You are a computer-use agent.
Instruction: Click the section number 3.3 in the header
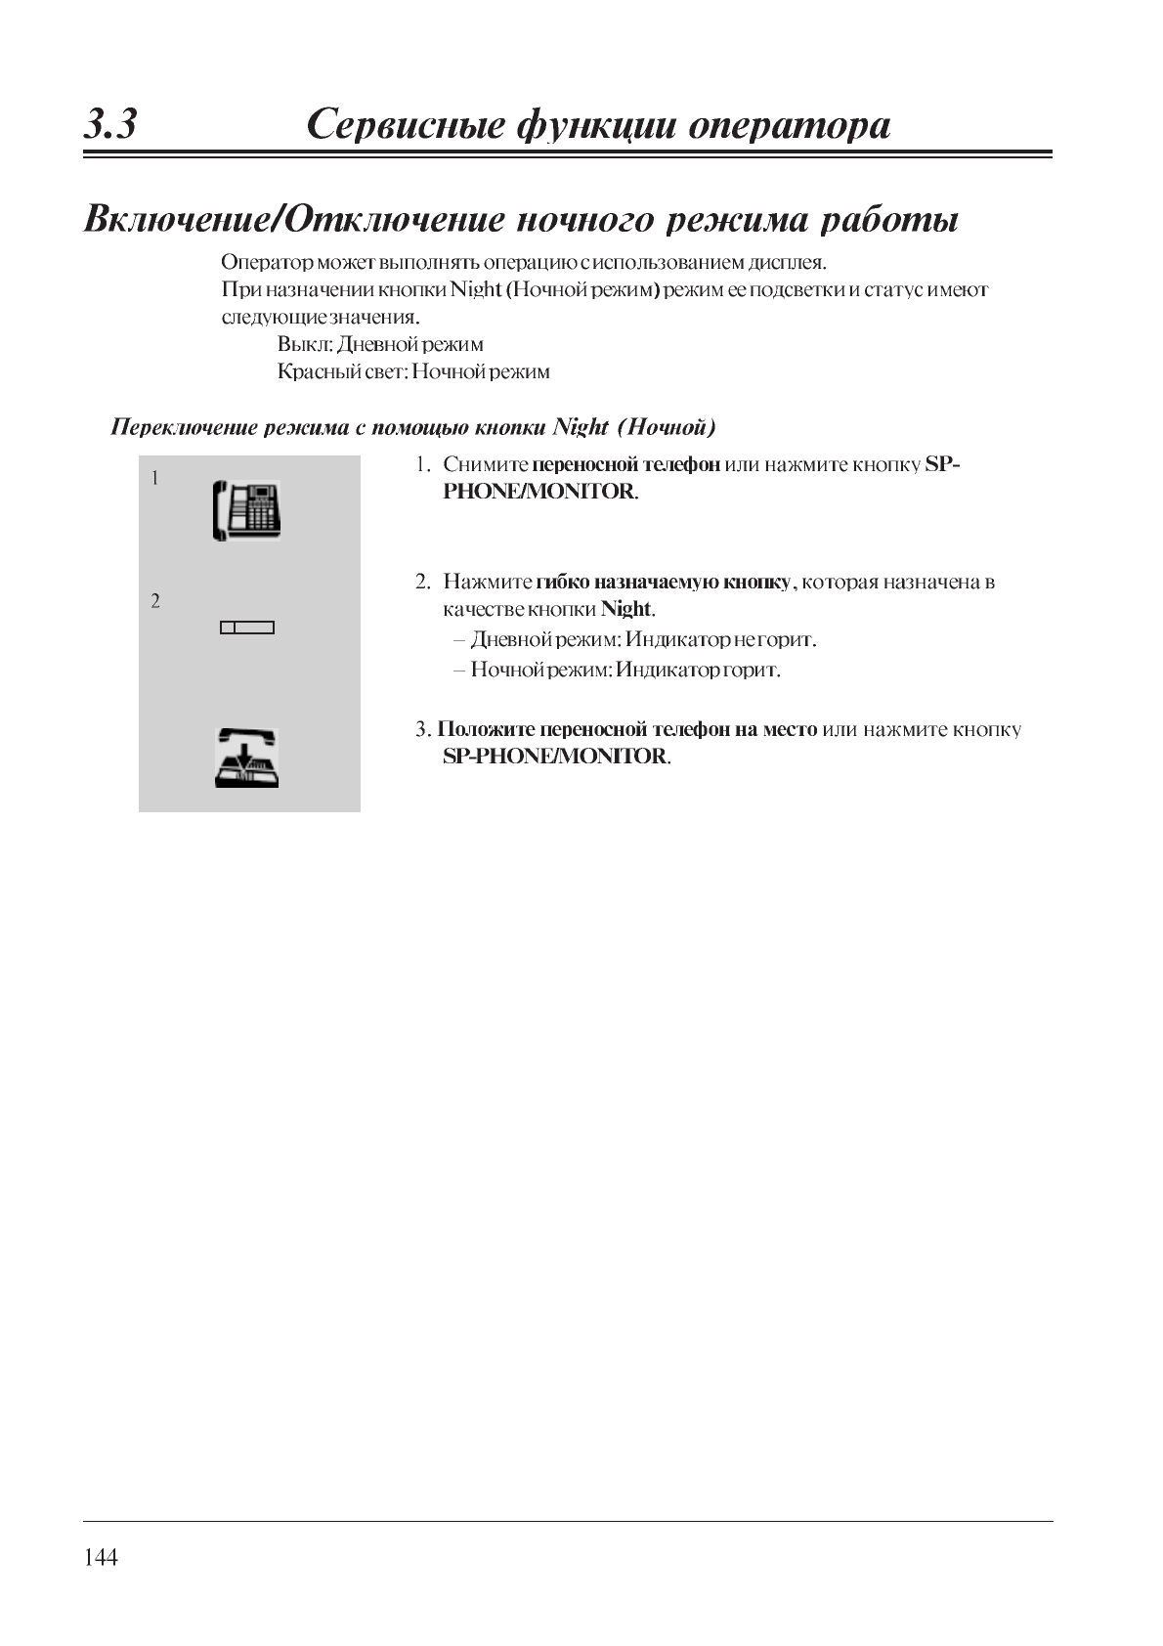(110, 125)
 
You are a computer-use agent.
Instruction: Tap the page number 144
(101, 1557)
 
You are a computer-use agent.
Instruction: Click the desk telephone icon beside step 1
(247, 510)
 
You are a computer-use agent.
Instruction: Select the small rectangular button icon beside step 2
(247, 628)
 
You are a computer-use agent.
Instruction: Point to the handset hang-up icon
(246, 758)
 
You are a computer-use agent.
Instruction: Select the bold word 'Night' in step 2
(625, 609)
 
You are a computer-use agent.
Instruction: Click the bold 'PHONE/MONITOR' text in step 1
(539, 491)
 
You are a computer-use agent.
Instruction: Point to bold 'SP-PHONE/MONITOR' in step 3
(555, 756)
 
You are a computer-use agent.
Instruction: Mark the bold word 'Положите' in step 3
(485, 729)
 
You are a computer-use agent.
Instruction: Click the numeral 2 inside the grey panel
(155, 601)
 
